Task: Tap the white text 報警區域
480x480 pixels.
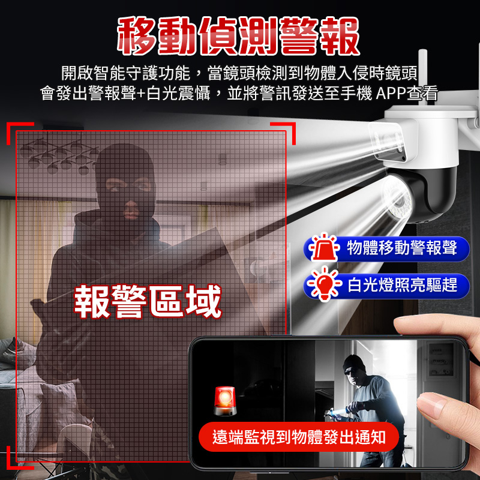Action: pyautogui.click(x=148, y=302)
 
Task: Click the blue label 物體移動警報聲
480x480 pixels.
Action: pyautogui.click(x=401, y=248)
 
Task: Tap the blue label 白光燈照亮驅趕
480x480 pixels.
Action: pyautogui.click(x=401, y=284)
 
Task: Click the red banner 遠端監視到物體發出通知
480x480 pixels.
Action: pyautogui.click(x=299, y=437)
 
